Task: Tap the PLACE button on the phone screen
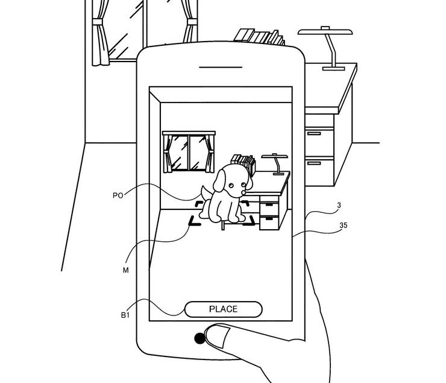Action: pyautogui.click(x=223, y=309)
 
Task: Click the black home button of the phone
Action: pyautogui.click(x=199, y=338)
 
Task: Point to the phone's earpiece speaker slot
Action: pyautogui.click(x=221, y=68)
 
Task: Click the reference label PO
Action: pyautogui.click(x=118, y=195)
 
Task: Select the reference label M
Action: pyautogui.click(x=125, y=270)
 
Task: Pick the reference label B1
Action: pyautogui.click(x=125, y=315)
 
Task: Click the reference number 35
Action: pyautogui.click(x=344, y=226)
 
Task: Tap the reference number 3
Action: pyautogui.click(x=339, y=205)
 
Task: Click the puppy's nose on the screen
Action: pyautogui.click(x=243, y=192)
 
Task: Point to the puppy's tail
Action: pyautogui.click(x=206, y=193)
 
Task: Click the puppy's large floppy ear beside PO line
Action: pyautogui.click(x=219, y=180)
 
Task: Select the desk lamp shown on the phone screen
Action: pyautogui.click(x=275, y=164)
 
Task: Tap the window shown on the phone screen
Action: pyautogui.click(x=189, y=152)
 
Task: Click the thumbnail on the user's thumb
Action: pyautogui.click(x=217, y=337)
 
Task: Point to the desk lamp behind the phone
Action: pyautogui.click(x=326, y=48)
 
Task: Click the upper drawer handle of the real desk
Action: pyautogui.click(x=314, y=133)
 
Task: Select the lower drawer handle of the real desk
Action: pyautogui.click(x=314, y=163)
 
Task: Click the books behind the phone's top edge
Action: pyautogui.click(x=259, y=37)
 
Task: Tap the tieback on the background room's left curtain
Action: pyautogui.click(x=97, y=22)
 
